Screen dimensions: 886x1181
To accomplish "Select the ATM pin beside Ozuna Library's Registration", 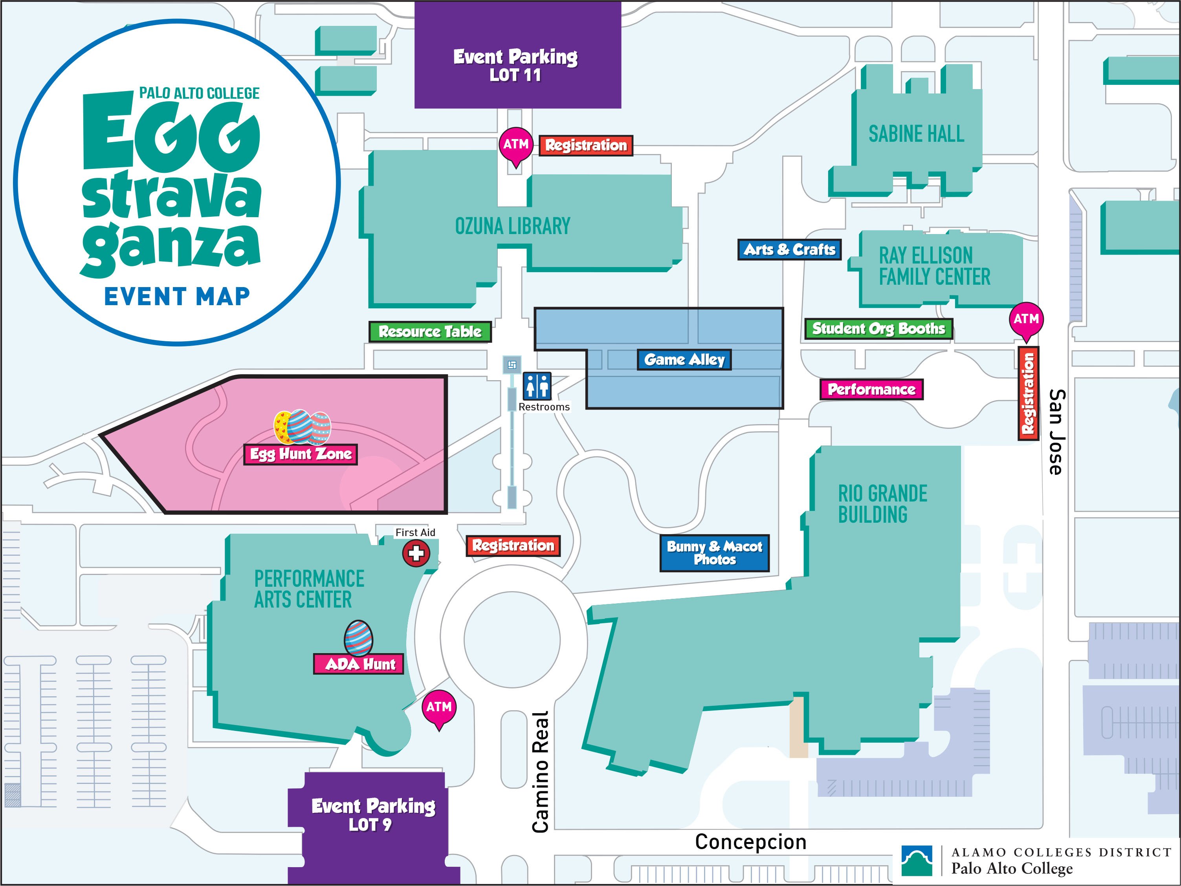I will click(x=516, y=146).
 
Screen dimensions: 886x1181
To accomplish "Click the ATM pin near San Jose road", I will click(x=1026, y=320).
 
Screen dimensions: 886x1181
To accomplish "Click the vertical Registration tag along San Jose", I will click(x=1028, y=394).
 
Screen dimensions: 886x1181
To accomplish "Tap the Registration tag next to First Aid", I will click(x=513, y=546).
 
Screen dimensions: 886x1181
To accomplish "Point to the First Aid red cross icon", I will click(x=416, y=553).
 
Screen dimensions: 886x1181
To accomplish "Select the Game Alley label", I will click(x=684, y=360).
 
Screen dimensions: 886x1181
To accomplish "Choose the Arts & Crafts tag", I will click(x=789, y=249).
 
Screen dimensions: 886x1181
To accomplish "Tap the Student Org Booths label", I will click(x=878, y=329).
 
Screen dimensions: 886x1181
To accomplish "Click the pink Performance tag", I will click(x=871, y=390).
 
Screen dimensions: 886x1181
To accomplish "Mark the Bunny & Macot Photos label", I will click(x=714, y=553).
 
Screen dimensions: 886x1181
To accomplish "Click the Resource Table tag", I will click(x=430, y=332).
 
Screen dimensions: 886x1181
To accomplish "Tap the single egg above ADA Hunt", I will click(x=358, y=638).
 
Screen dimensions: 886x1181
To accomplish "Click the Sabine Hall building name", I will click(x=916, y=134).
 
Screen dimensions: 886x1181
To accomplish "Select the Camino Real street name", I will click(x=540, y=772).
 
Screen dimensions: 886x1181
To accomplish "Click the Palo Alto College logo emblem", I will click(x=917, y=860).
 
